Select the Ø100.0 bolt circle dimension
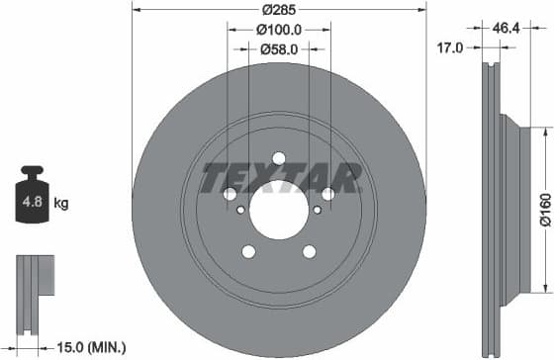(278, 32)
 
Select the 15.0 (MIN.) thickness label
(84, 347)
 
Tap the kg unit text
(61, 204)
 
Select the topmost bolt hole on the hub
(278, 158)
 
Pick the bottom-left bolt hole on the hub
(248, 250)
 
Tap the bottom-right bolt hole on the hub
(308, 250)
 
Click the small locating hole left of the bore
(240, 209)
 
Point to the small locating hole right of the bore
(317, 209)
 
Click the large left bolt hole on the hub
(231, 194)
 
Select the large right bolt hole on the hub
(325, 194)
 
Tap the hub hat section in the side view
(510, 208)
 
